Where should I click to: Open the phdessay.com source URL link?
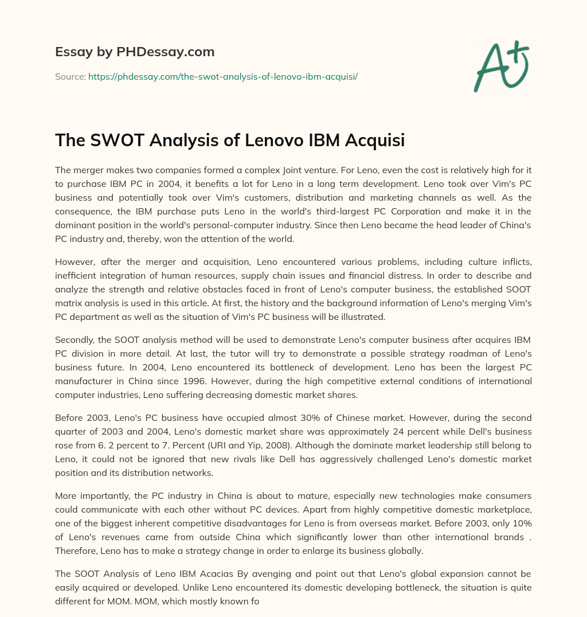(222, 76)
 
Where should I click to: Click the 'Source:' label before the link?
(70, 76)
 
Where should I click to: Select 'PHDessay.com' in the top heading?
(166, 52)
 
